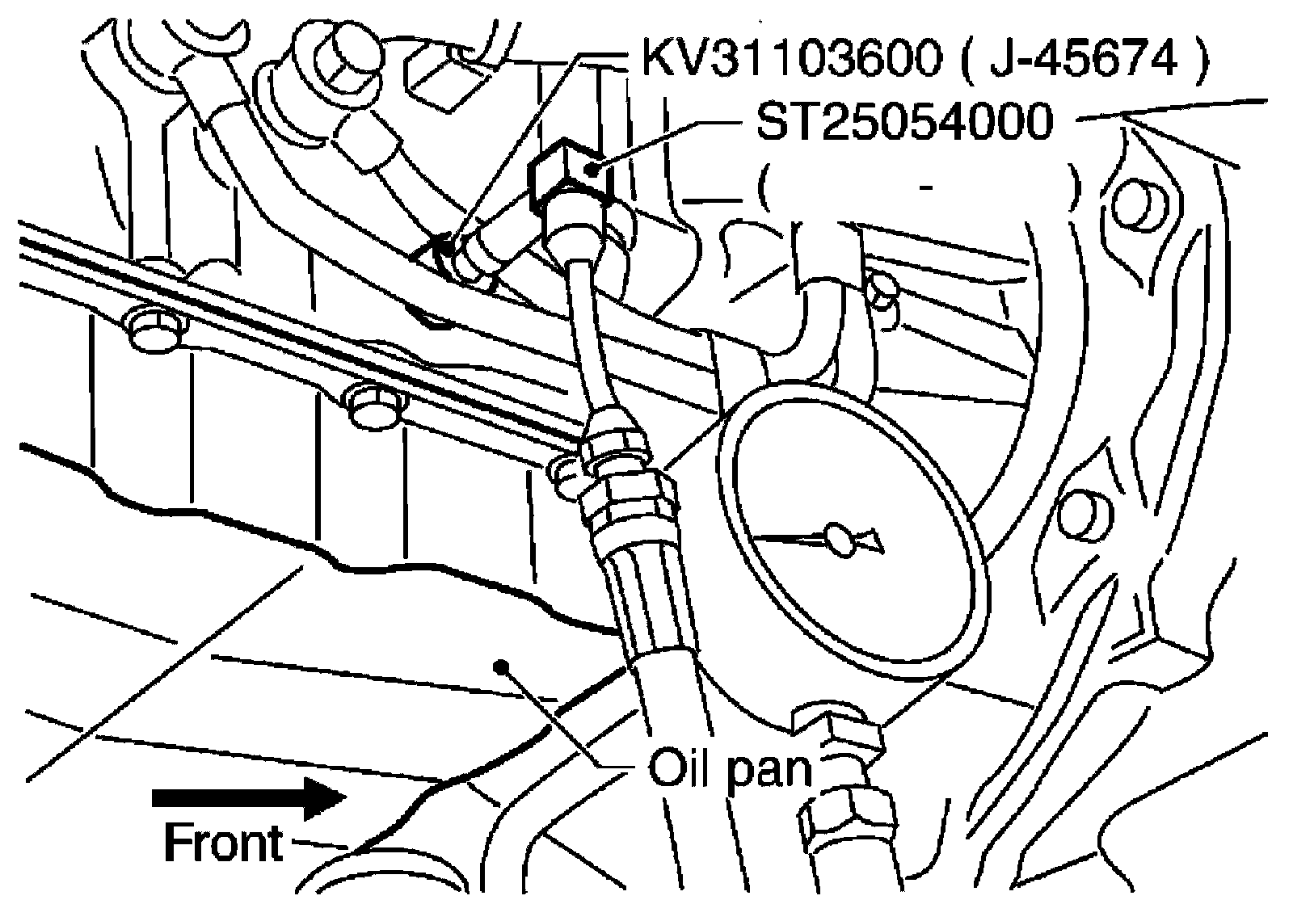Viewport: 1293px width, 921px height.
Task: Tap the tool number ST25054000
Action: coord(903,124)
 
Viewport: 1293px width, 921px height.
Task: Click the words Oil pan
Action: coord(730,768)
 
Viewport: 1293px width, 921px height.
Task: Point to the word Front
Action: coord(224,844)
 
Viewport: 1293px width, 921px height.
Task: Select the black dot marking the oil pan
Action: coord(503,666)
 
